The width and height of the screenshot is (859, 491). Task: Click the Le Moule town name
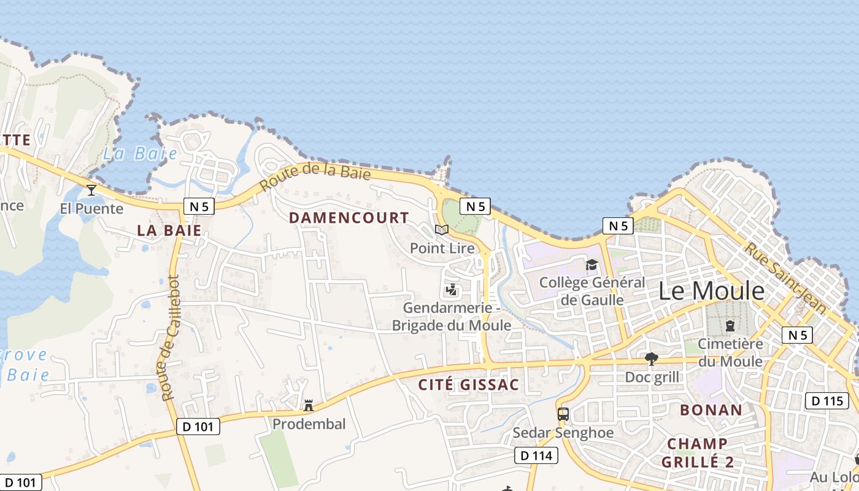click(x=712, y=292)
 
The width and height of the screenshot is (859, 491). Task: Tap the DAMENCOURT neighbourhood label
click(x=349, y=218)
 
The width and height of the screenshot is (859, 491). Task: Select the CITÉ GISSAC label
click(x=468, y=385)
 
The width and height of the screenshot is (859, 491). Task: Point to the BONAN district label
click(x=711, y=410)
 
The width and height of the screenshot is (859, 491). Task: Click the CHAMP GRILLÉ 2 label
click(x=697, y=452)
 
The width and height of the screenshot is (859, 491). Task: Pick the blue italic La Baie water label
click(x=140, y=153)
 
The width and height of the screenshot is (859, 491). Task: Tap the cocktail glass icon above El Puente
click(x=91, y=190)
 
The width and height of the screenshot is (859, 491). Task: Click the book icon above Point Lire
click(x=442, y=230)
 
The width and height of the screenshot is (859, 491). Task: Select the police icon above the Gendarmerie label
click(x=452, y=289)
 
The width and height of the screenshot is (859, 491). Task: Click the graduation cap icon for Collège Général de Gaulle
click(x=591, y=265)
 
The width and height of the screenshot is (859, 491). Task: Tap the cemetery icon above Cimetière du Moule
click(x=730, y=326)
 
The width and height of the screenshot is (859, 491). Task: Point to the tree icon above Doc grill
click(x=652, y=358)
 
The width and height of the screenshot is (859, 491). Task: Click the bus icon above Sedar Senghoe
click(x=563, y=414)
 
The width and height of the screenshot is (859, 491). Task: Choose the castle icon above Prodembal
click(x=309, y=406)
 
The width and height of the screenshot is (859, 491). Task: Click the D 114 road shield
click(x=536, y=455)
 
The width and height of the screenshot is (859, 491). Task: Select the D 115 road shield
click(x=827, y=401)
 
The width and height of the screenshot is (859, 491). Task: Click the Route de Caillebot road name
click(x=170, y=338)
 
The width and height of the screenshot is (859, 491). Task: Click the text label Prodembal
click(x=309, y=424)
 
